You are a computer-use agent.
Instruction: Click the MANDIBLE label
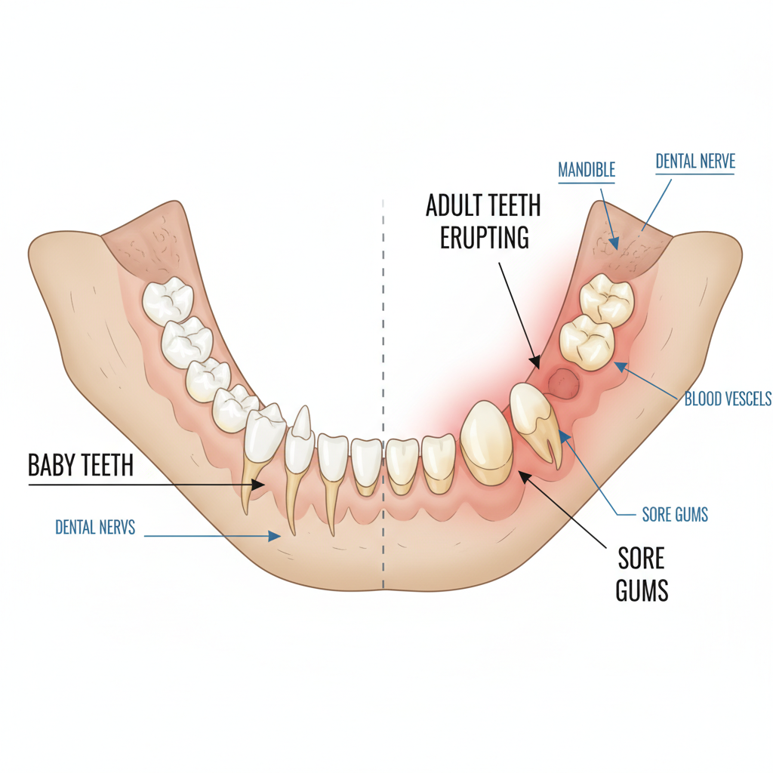(586, 170)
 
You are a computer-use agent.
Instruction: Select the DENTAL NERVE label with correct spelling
(694, 161)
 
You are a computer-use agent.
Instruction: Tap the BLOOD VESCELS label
(728, 399)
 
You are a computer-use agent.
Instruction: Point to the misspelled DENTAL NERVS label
(95, 527)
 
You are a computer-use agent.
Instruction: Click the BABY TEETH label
(80, 465)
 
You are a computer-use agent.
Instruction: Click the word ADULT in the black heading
(455, 205)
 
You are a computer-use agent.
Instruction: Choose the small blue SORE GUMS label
(675, 515)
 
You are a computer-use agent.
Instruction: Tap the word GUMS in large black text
(642, 590)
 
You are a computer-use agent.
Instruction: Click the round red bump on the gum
(564, 383)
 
